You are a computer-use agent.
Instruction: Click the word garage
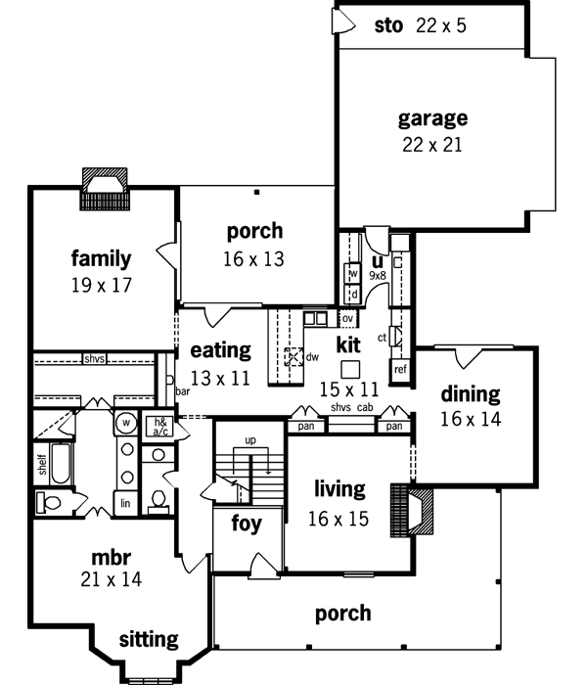[x=432, y=118]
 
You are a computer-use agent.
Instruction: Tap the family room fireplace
[x=102, y=186]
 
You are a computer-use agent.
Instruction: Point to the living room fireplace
[x=405, y=508]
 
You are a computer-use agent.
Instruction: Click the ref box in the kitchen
[x=399, y=370]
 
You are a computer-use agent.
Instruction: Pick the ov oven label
[x=346, y=318]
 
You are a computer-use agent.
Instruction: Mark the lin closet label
[x=125, y=503]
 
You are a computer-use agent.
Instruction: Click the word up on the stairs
[x=250, y=440]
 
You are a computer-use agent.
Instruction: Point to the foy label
[x=247, y=525]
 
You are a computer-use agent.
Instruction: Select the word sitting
[x=149, y=640]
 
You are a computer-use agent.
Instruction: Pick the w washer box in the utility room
[x=353, y=273]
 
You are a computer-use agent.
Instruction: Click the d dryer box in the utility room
[x=353, y=294]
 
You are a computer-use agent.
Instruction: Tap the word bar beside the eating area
[x=182, y=391]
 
